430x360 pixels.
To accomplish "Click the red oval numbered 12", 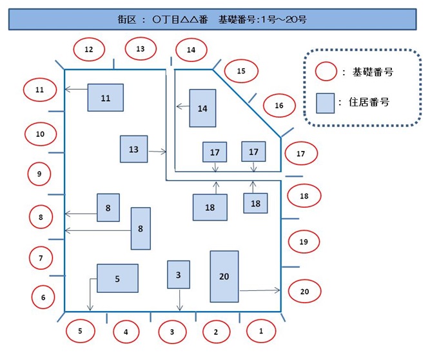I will click(89, 49).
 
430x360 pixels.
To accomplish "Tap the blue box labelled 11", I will click(106, 97).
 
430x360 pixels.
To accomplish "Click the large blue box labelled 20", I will click(224, 276).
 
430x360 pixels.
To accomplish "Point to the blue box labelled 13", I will click(133, 149).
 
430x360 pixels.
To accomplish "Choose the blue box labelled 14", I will click(202, 108).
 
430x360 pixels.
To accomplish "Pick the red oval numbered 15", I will click(240, 71).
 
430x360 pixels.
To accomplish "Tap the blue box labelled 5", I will click(117, 278).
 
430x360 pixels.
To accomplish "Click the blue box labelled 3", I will click(179, 274).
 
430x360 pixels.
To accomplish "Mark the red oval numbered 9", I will click(39, 174).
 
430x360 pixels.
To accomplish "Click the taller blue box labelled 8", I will click(141, 228).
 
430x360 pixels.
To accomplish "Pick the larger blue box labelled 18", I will click(210, 207).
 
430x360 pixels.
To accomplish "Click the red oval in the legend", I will click(327, 72).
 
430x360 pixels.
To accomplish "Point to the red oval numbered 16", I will click(279, 105).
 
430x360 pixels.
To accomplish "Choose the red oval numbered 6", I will click(43, 297).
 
